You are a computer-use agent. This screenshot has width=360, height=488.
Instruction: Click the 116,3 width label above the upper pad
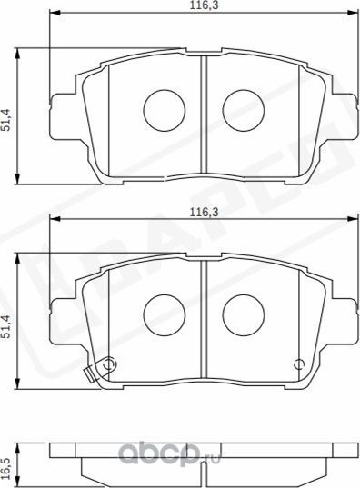pyautogui.click(x=193, y=6)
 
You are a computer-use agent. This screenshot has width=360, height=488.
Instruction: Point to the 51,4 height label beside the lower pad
pyautogui.click(x=7, y=325)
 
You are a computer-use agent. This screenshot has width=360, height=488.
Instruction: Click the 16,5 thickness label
pyautogui.click(x=7, y=465)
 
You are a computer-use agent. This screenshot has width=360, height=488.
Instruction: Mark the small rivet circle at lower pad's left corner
pyautogui.click(x=108, y=365)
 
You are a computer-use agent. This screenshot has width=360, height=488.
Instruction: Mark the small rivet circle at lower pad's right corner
pyautogui.click(x=297, y=365)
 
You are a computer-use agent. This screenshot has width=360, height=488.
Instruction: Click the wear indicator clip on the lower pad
pyautogui.click(x=90, y=373)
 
